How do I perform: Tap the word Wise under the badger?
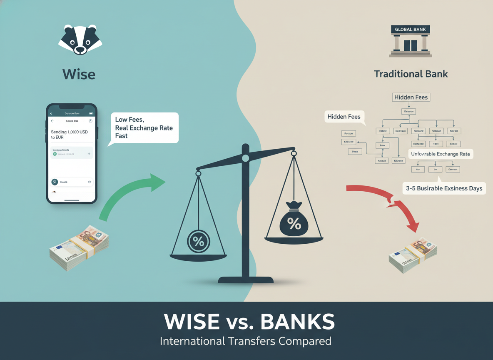(79, 75)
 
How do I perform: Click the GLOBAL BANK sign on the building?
(410, 30)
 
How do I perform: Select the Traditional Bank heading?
(411, 74)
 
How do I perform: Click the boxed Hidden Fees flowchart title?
(411, 97)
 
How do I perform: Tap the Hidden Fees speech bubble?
(344, 117)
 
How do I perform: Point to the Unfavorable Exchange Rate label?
(440, 154)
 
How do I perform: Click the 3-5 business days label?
(444, 188)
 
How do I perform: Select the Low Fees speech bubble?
(143, 128)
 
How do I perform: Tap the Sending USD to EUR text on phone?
(69, 134)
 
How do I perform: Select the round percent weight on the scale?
(199, 241)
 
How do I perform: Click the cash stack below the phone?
(79, 248)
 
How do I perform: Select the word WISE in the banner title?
(192, 322)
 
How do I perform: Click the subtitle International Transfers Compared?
(246, 341)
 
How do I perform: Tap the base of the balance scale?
(245, 279)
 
